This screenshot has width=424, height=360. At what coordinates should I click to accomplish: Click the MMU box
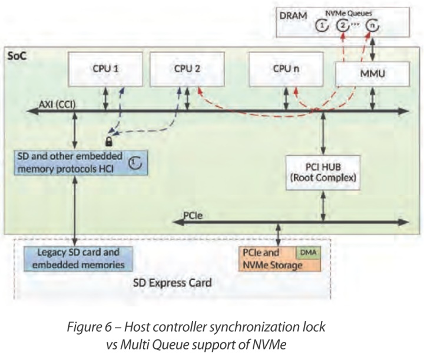[372, 74]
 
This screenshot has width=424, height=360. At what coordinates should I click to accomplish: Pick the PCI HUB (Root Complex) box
[322, 172]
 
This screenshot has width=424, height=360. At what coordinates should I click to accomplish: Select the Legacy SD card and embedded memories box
[77, 259]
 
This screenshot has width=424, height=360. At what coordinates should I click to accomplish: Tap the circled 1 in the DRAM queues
[321, 26]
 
